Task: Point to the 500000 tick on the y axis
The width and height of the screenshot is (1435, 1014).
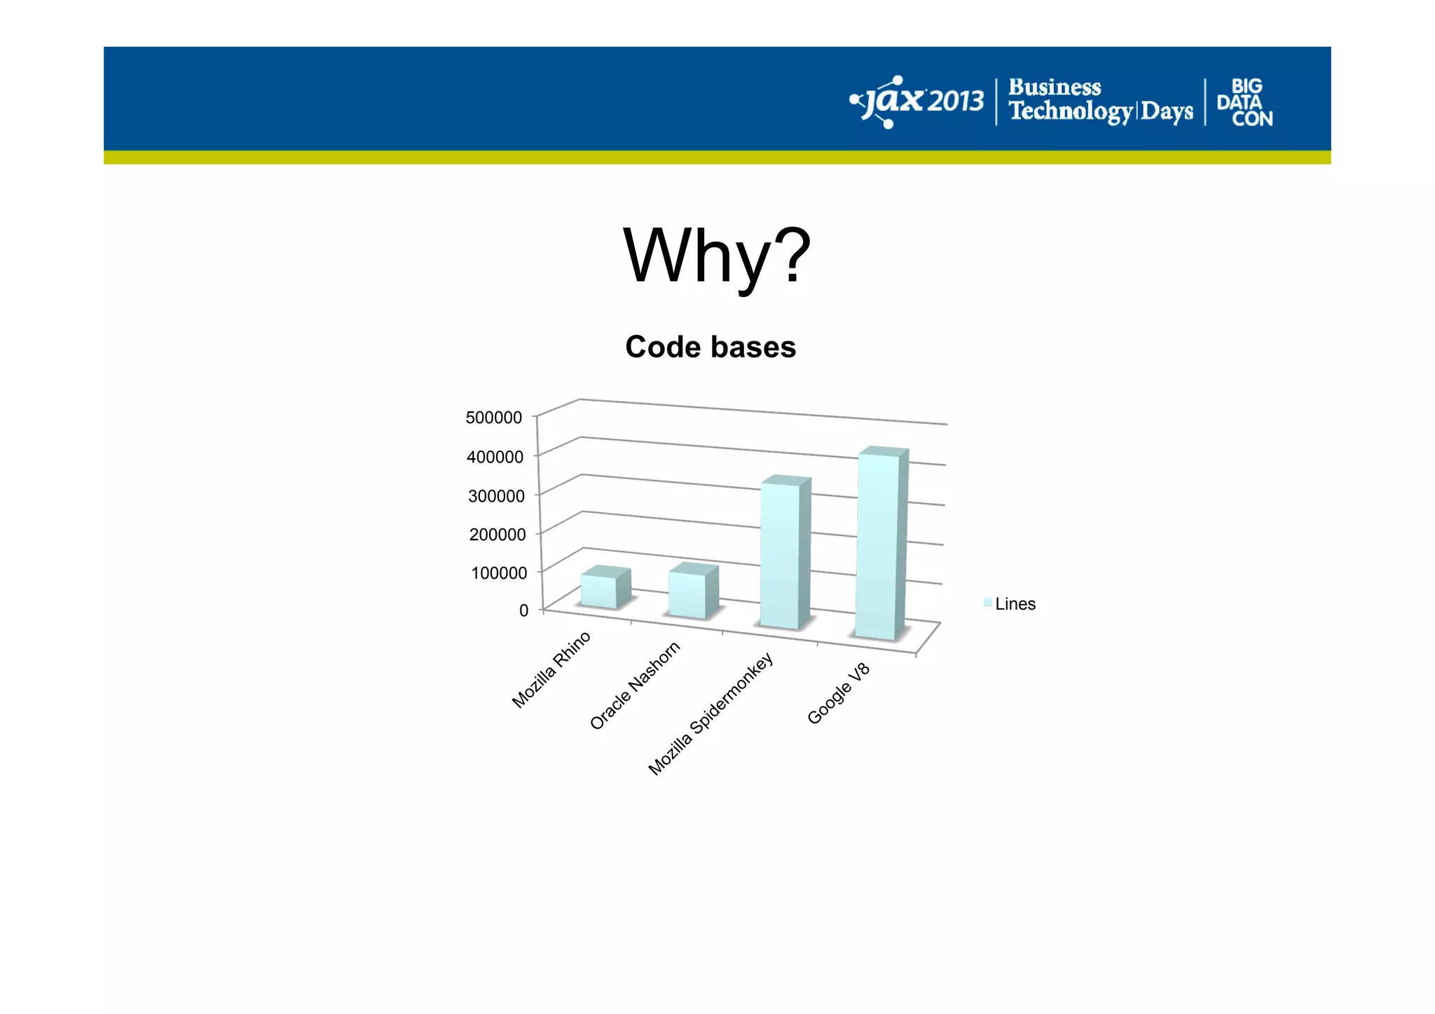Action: pyautogui.click(x=494, y=418)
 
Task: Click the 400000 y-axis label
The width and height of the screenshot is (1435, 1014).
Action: pyautogui.click(x=495, y=457)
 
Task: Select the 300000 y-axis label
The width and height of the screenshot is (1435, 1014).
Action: pyautogui.click(x=496, y=496)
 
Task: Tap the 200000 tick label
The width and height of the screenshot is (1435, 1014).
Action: pyautogui.click(x=497, y=535)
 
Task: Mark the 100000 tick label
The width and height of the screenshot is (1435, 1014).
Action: pyautogui.click(x=499, y=573)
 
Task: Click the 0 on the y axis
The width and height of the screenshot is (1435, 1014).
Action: pyautogui.click(x=523, y=610)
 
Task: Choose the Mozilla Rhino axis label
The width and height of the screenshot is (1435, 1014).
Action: pyautogui.click(x=551, y=670)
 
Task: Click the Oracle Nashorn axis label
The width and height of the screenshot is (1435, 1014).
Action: pyautogui.click(x=635, y=685)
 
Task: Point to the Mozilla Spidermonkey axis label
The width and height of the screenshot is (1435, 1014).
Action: pyautogui.click(x=710, y=714)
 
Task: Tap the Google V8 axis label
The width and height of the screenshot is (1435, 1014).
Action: pyautogui.click(x=838, y=693)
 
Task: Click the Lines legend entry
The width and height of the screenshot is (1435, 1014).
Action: pyautogui.click(x=1010, y=604)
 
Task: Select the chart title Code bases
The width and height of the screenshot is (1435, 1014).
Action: pyautogui.click(x=710, y=347)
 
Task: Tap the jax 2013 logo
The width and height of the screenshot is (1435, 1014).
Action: pyautogui.click(x=916, y=102)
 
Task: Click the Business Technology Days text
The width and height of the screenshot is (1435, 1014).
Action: pyautogui.click(x=1100, y=100)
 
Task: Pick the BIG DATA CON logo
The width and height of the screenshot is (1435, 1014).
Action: pyautogui.click(x=1245, y=102)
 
